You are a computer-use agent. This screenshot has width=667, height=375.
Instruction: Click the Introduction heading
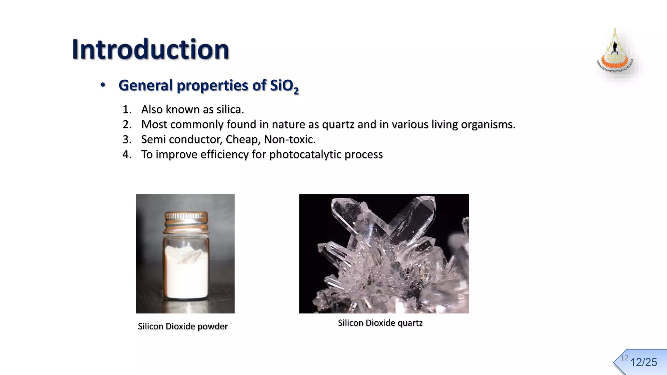coord(150,49)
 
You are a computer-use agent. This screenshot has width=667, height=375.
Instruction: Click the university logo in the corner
coord(615,54)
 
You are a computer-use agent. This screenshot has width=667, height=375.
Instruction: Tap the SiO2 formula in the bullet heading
coord(284,86)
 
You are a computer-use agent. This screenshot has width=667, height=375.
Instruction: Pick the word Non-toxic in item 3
coord(290,139)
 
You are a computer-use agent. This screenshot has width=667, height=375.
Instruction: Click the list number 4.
coord(127,154)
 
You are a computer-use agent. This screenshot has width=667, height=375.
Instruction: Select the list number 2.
coord(127,124)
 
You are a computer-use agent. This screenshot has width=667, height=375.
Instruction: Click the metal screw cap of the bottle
coord(186,221)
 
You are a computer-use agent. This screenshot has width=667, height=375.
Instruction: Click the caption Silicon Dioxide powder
coord(183,326)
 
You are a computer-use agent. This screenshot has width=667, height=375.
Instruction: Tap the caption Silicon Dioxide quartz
coord(380,323)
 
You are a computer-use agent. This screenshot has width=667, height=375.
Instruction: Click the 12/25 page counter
coord(644,362)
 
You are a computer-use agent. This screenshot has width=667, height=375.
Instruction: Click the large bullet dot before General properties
coord(103,85)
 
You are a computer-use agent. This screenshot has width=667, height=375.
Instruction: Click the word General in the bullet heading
coord(146,85)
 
